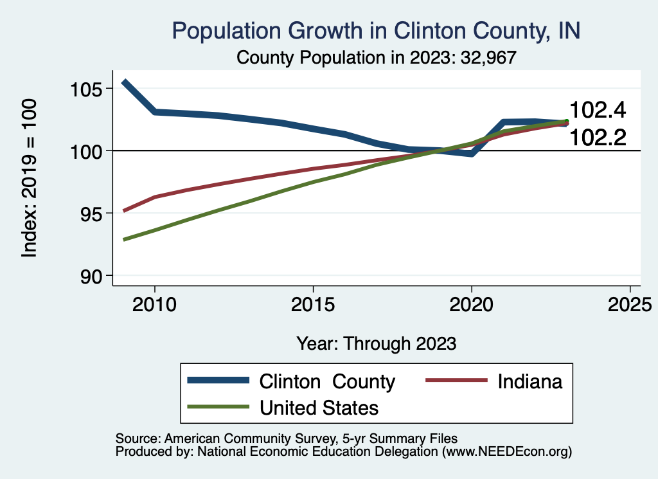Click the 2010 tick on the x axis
(154, 303)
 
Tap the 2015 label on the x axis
(313, 303)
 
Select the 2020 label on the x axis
(472, 303)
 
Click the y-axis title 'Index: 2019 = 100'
(30, 178)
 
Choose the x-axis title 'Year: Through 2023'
(377, 343)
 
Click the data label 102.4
(598, 111)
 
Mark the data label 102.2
(598, 136)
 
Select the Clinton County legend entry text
(327, 381)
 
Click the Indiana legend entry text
(530, 381)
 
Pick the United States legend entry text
(319, 408)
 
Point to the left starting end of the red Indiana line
(124, 210)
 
